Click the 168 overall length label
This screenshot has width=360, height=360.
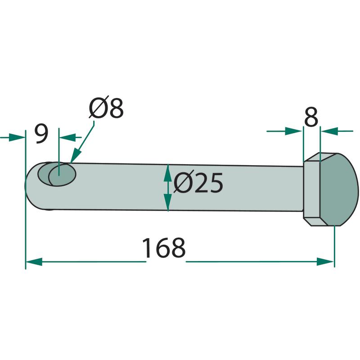click(164, 248)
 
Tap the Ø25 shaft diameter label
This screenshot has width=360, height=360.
click(198, 183)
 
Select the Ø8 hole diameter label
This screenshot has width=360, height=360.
click(106, 108)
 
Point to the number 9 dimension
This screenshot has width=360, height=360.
click(42, 134)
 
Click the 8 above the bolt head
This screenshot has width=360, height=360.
click(311, 117)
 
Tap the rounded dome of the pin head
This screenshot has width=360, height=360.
click(339, 189)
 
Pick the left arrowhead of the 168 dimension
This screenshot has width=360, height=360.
click(34, 261)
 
